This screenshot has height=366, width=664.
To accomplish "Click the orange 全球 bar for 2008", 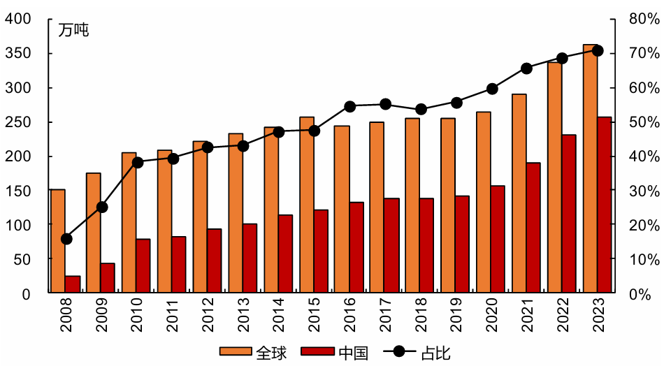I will point(57,241).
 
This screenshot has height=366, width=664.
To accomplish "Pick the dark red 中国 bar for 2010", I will point(143,265).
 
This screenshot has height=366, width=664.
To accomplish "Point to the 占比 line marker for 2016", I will point(350,106).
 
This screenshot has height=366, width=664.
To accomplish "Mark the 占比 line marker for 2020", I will point(492,89).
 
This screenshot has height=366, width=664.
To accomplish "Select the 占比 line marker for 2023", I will point(598,50).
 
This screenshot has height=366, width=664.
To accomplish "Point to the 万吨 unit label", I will point(73,30).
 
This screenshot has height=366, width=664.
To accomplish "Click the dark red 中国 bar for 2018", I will point(426,245).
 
